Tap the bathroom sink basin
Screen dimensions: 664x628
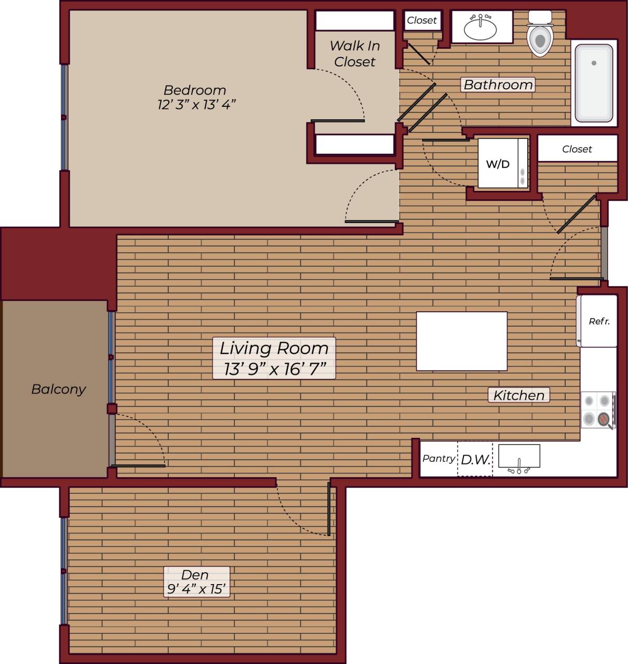[480, 29]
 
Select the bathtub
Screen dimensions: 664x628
[594, 83]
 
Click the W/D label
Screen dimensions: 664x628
[498, 164]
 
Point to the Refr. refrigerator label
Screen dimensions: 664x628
[599, 322]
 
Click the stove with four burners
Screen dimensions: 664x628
[598, 410]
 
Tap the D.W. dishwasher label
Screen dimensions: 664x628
[475, 459]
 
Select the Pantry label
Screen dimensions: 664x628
[439, 459]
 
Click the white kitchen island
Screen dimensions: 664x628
[461, 341]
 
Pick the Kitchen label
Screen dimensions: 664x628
[518, 395]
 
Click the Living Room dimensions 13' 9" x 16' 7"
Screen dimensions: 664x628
[274, 369]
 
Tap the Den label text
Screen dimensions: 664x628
[195, 575]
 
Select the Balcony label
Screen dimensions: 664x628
[58, 389]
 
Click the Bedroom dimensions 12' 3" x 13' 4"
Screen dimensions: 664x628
[196, 105]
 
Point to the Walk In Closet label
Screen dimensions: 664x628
[355, 54]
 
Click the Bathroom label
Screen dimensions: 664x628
[498, 85]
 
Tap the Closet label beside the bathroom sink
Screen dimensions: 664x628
[422, 20]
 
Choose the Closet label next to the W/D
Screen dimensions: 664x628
[577, 149]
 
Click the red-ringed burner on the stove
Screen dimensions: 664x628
[605, 418]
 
